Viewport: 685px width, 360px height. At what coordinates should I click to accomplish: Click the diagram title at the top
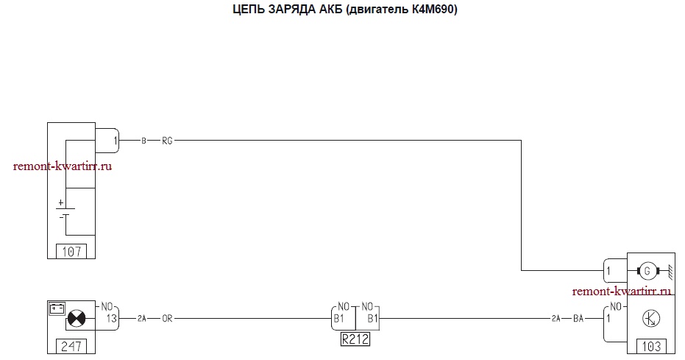tap(344, 9)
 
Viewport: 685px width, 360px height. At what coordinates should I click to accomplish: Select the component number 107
tap(71, 252)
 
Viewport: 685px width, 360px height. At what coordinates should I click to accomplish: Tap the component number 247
tap(71, 347)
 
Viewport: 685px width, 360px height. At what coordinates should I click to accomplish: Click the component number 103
tap(651, 347)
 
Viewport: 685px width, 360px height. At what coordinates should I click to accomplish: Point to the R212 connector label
tap(355, 339)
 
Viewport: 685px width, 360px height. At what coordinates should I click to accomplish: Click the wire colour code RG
tap(167, 141)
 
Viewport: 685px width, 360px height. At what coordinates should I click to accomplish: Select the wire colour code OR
tap(167, 319)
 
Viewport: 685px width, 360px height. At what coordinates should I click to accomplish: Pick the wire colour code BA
tap(578, 319)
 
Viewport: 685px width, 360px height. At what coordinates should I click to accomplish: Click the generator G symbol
tap(647, 270)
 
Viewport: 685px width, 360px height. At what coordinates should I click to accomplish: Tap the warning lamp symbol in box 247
tap(77, 319)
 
